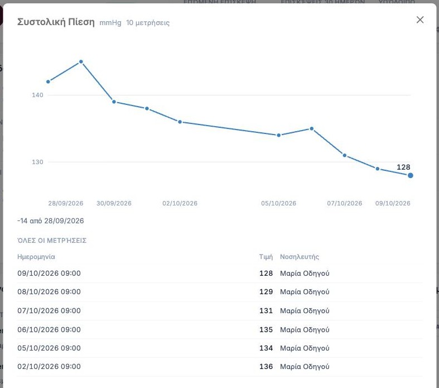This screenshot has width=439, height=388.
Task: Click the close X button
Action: pos(420,20)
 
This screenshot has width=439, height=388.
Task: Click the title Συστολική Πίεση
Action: pos(56,22)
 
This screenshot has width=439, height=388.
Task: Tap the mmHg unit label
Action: pos(110,23)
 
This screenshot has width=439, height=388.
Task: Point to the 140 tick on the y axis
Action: pos(37,95)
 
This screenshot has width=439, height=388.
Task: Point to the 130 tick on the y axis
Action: pos(37,162)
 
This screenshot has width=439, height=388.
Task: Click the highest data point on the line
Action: pos(81,61)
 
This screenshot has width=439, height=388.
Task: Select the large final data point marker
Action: pos(411,175)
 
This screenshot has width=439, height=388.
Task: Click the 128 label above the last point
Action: pos(403,167)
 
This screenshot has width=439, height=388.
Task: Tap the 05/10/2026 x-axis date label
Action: pos(278,203)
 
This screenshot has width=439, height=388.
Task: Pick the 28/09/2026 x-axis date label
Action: pos(65,203)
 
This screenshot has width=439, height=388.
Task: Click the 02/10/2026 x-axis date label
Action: pos(180,203)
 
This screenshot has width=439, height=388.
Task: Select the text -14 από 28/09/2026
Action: pos(51,221)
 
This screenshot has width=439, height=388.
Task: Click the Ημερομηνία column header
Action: pos(36,257)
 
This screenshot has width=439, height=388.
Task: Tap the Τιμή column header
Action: pos(266,257)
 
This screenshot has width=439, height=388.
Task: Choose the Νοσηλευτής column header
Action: pos(300,257)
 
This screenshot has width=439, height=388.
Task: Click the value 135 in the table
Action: pos(266,329)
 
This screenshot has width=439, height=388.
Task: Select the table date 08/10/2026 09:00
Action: pos(49,291)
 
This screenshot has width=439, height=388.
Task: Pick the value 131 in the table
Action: pos(266,311)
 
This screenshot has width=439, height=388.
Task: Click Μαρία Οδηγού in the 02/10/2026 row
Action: pos(305,366)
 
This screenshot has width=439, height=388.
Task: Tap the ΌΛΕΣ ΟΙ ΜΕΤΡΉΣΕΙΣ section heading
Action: pos(52,241)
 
